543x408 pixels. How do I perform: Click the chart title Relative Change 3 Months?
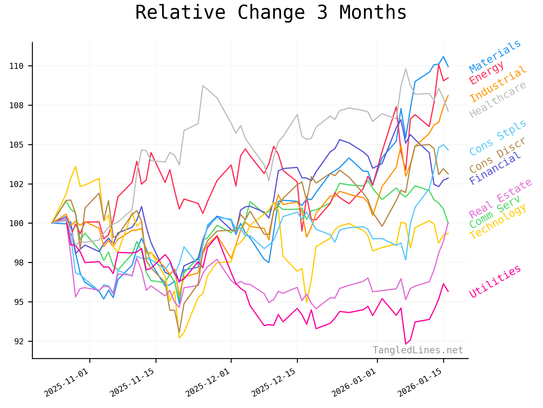(x=271, y=13)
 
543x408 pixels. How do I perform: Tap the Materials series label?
(x=495, y=56)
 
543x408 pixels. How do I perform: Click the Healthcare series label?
(x=498, y=99)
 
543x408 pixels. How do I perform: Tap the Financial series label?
(x=495, y=168)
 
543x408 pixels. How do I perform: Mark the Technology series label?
(x=498, y=222)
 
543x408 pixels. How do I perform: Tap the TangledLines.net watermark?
(x=418, y=350)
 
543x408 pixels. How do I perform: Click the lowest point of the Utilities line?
(x=406, y=344)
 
